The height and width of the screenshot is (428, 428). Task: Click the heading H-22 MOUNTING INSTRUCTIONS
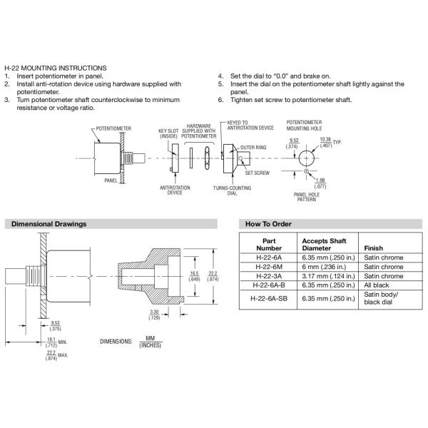(55, 68)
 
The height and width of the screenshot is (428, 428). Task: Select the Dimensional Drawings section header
(49, 224)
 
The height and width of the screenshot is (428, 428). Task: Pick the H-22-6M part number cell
(269, 267)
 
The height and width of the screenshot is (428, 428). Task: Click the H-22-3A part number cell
(269, 276)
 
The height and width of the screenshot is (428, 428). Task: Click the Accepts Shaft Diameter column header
(325, 245)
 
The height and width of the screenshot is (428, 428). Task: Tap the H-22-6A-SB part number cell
(269, 298)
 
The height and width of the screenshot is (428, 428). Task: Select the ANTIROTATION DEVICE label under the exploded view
(175, 190)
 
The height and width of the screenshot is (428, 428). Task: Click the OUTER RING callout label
(253, 147)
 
